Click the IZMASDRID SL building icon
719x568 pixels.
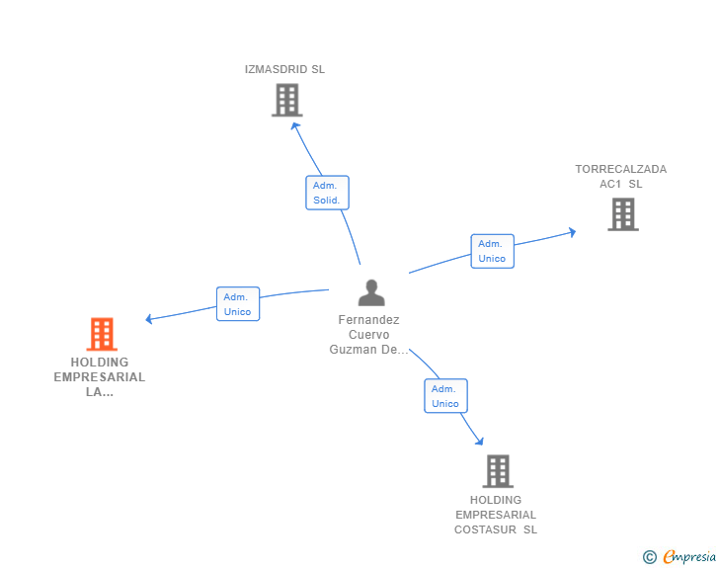(287, 100)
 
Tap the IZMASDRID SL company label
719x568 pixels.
(284, 69)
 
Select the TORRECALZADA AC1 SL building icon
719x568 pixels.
(623, 214)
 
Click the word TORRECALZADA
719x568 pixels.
(621, 169)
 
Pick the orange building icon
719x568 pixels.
(102, 334)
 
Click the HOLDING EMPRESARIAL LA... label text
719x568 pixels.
(100, 377)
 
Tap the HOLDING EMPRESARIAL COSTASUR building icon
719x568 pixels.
(498, 471)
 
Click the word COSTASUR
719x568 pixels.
(485, 529)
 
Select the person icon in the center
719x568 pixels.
(371, 292)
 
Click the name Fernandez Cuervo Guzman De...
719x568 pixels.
(368, 335)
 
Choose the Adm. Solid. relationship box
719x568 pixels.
(328, 193)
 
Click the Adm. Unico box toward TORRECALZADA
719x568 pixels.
(493, 251)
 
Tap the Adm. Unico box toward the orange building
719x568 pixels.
(238, 303)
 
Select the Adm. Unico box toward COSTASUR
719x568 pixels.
(445, 395)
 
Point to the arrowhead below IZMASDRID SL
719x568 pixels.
(295, 125)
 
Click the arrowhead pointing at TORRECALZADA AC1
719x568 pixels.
(572, 232)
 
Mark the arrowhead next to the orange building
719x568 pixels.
(149, 318)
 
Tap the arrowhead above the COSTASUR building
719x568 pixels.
(480, 441)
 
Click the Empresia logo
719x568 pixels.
(689, 557)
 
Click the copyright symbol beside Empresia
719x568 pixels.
(650, 557)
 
